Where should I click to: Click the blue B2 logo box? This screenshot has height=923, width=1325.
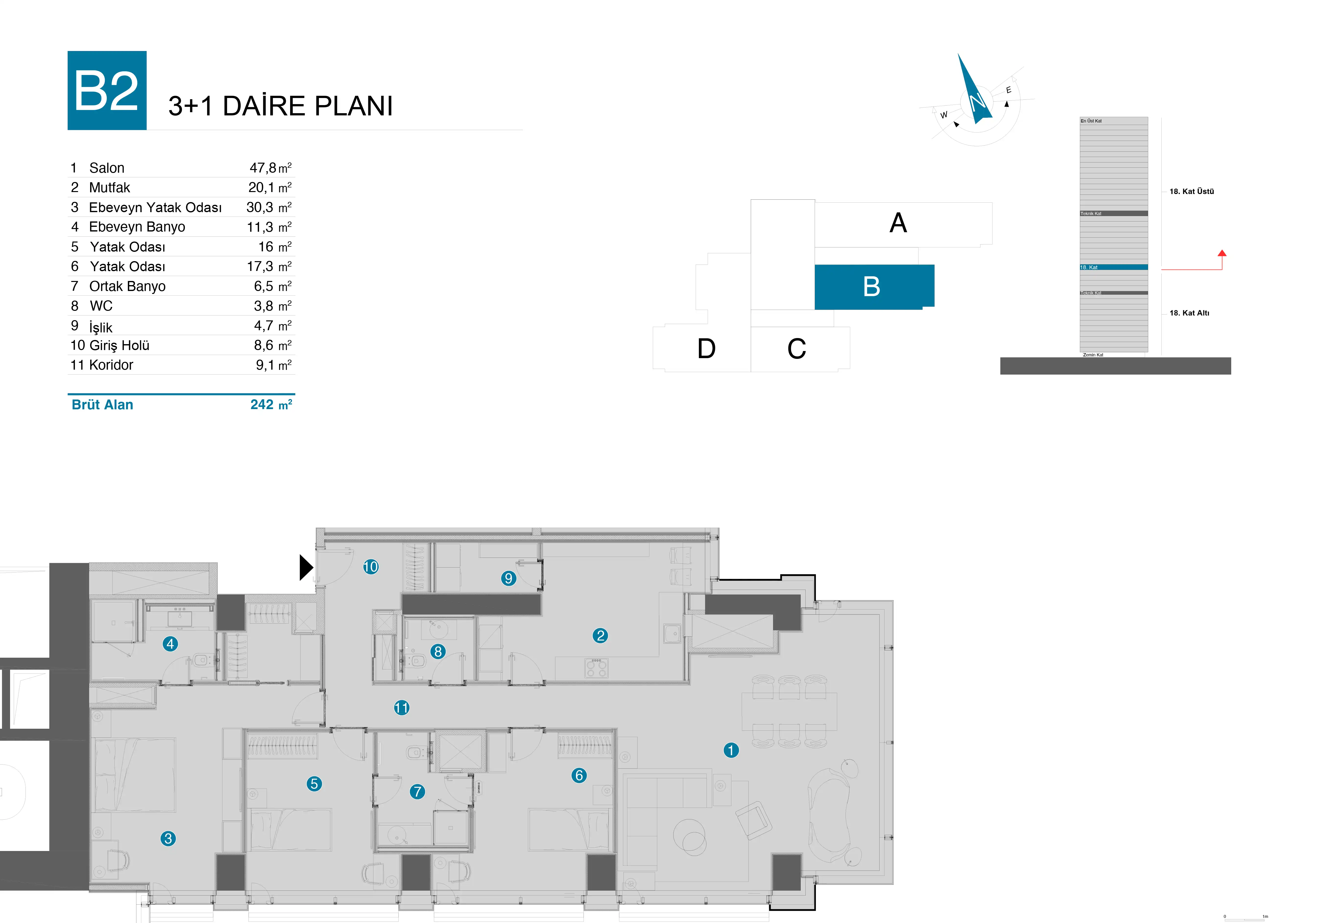click(x=107, y=91)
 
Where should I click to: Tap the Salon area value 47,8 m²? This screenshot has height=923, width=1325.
click(x=270, y=168)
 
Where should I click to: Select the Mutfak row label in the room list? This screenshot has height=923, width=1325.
click(x=110, y=188)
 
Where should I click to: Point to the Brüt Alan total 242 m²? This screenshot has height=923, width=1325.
click(x=271, y=405)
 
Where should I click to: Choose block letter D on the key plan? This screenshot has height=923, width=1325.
click(x=706, y=349)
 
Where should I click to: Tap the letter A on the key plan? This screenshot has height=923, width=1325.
click(x=898, y=223)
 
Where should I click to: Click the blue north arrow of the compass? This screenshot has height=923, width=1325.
click(x=974, y=92)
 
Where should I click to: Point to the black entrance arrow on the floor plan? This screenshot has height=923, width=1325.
click(x=305, y=567)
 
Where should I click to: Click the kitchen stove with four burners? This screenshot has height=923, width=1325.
click(x=596, y=668)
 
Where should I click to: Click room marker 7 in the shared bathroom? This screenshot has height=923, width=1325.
click(x=417, y=791)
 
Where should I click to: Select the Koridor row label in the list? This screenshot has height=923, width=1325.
click(x=111, y=365)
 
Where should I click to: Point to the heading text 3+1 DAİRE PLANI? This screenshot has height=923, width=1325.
click(x=280, y=106)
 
